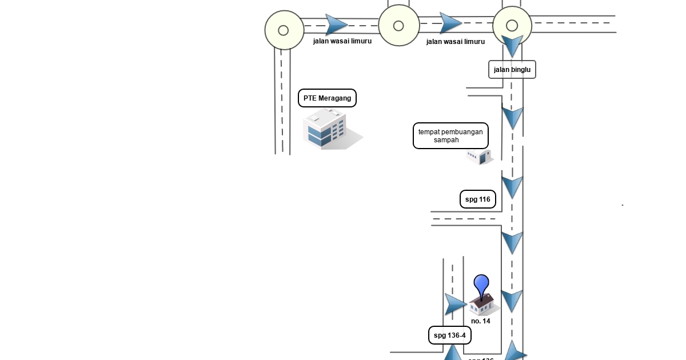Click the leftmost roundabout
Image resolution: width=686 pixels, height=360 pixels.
[x=284, y=30]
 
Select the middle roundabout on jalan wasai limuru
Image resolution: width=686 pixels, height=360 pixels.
[x=398, y=26]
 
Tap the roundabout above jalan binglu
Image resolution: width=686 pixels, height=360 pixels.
[x=512, y=26]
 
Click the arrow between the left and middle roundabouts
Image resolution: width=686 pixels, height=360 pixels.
[x=336, y=25]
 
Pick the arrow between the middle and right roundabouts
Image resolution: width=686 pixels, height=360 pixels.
[x=450, y=23]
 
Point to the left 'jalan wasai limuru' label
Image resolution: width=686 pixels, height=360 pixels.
[x=342, y=41]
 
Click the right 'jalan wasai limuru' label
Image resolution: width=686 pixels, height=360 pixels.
[x=456, y=42]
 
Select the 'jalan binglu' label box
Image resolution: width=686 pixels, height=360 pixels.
[x=512, y=70]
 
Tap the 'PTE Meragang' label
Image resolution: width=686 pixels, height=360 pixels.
[x=327, y=98]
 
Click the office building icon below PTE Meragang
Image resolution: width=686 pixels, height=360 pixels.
[x=329, y=130]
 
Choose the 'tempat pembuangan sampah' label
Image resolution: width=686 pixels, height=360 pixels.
[x=450, y=136]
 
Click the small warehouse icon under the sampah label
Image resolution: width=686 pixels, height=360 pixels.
[x=478, y=157]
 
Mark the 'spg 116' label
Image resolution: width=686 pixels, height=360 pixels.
[x=477, y=199]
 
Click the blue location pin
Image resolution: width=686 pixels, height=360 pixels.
[x=481, y=286]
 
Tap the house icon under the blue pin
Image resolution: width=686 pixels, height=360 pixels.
[x=484, y=306]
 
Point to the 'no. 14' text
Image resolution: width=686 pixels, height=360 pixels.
[x=481, y=321]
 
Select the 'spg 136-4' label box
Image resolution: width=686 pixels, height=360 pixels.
[x=450, y=335]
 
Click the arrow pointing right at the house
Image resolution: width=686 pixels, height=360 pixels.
[x=455, y=305]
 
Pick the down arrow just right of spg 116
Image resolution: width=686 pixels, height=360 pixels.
[x=512, y=187]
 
